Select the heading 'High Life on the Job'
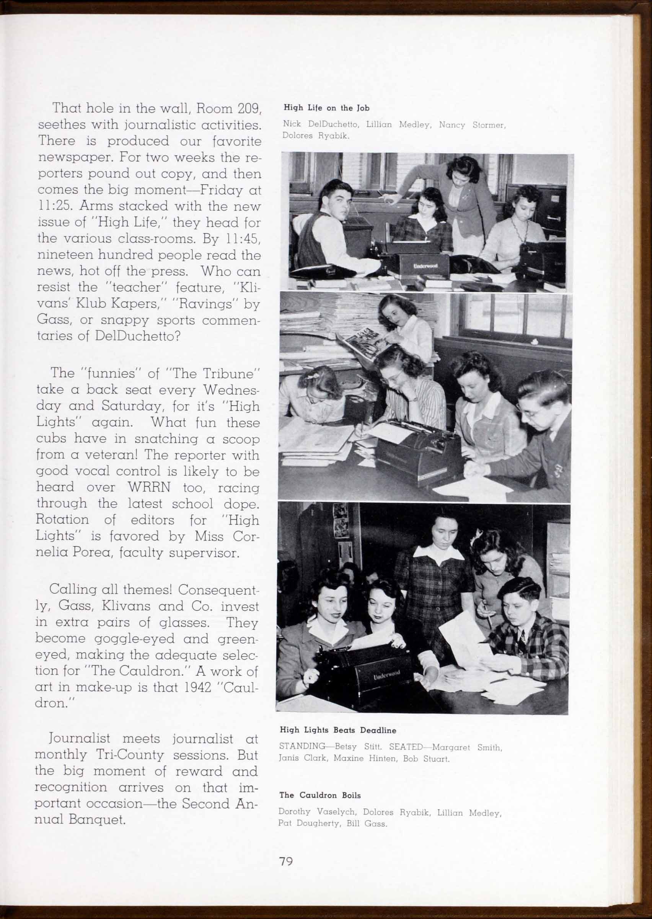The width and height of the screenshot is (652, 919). point(326,108)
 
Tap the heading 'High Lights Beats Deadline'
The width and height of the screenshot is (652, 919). point(337,730)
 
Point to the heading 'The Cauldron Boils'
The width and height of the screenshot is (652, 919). point(320,795)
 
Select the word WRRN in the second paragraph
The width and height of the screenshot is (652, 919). point(149,487)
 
